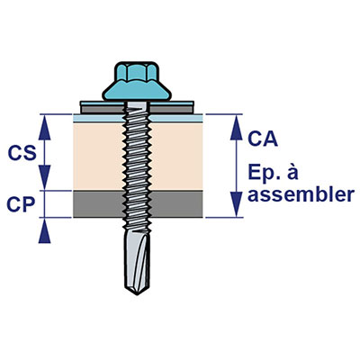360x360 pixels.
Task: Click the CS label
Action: pos(22,153)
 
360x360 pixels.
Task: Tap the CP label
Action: pos(21,204)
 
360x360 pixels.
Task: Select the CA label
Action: pos(263,139)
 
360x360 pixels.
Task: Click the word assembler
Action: pos(301,194)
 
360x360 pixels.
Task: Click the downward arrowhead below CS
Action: pos(45,177)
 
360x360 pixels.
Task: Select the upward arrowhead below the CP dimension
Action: pos(45,230)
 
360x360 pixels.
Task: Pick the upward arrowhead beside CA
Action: pos(236,128)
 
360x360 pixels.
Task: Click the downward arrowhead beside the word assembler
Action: pos(236,204)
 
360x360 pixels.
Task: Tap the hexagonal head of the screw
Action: pos(137,72)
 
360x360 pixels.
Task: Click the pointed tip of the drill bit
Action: pos(137,294)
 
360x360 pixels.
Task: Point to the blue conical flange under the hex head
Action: pos(137,90)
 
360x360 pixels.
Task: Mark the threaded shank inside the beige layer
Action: pos(137,156)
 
